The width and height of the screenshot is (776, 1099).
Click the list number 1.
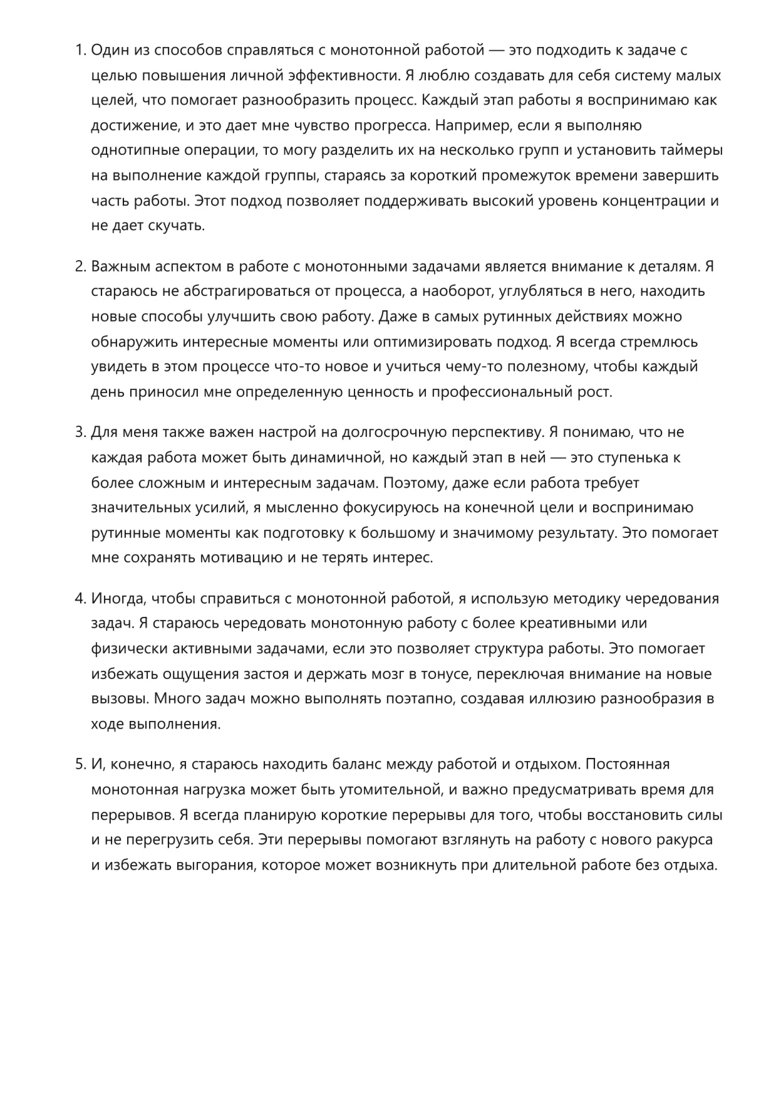tap(80, 50)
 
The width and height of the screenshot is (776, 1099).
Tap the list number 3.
tap(80, 433)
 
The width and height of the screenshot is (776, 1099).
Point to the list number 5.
tap(80, 765)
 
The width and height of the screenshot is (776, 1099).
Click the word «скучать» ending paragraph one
tap(176, 226)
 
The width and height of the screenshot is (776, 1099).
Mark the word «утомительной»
tap(386, 790)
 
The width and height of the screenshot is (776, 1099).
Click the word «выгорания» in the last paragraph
tap(215, 865)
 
